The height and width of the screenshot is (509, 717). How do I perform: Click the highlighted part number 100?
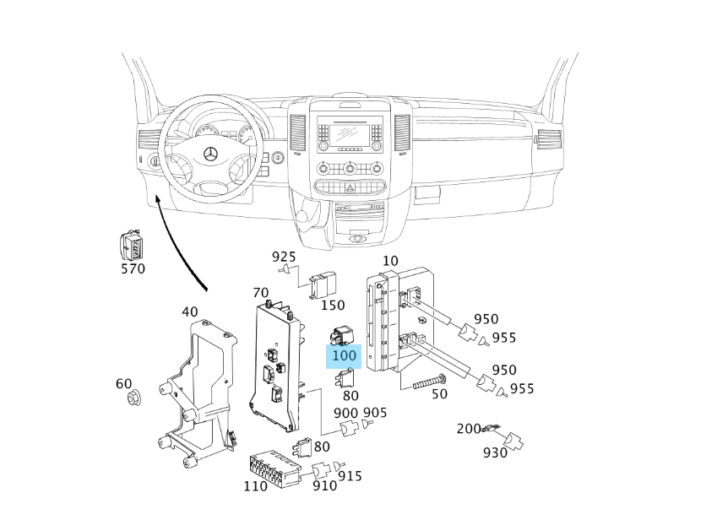[x=345, y=356]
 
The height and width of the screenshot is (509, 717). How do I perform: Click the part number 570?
[x=133, y=269]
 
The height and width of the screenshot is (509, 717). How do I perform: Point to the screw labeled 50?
[x=430, y=382]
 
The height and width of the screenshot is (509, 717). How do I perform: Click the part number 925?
[x=284, y=256]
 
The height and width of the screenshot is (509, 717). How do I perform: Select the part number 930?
[x=495, y=453]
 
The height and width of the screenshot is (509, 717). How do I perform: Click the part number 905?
[x=374, y=413]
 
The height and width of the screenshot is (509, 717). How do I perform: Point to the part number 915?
[x=350, y=477]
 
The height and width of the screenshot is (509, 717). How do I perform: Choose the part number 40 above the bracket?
[x=190, y=311]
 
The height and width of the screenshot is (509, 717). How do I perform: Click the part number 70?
[x=261, y=293]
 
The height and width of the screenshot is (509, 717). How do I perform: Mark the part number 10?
[x=390, y=261]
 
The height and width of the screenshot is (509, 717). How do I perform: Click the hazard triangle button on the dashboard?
[x=349, y=167]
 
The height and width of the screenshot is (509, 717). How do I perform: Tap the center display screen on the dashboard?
[x=348, y=132]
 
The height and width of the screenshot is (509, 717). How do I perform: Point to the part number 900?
[x=346, y=413]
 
